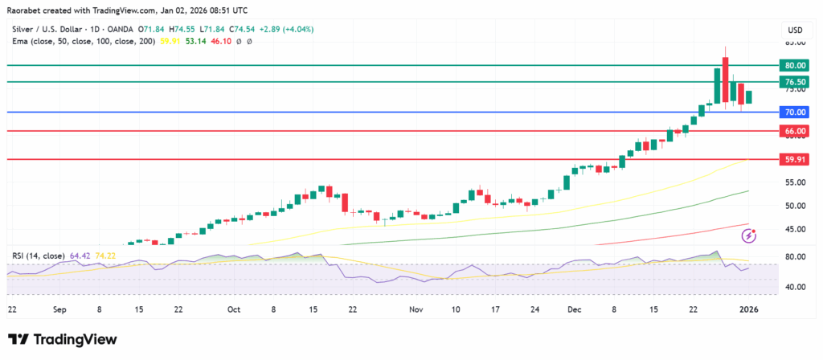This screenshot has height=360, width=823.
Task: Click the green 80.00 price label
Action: click(794, 65)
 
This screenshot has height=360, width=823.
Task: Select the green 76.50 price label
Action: click(794, 82)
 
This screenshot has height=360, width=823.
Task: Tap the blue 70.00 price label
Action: click(794, 112)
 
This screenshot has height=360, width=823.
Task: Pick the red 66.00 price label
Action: click(794, 131)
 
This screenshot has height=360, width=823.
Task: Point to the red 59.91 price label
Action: click(794, 160)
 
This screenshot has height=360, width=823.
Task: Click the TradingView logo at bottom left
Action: click(63, 339)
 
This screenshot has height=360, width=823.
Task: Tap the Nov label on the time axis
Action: click(416, 309)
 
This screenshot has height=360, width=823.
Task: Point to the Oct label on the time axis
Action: click(234, 309)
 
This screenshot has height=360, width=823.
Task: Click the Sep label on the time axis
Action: click(59, 309)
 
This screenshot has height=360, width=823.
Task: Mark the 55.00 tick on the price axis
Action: click(794, 182)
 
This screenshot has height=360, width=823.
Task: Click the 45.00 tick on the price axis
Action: click(794, 229)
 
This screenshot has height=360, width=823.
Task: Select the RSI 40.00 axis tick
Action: click(794, 287)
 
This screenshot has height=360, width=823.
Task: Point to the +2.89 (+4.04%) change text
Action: click(286, 30)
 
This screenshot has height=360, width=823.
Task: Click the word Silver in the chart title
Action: click(23, 30)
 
